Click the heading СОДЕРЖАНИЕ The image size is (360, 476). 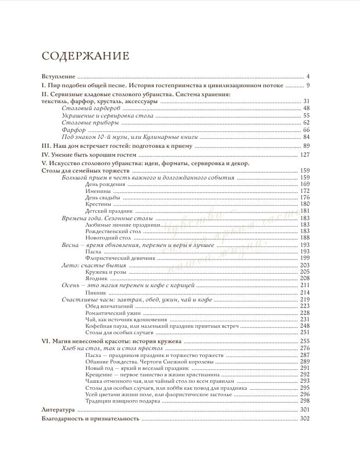click(x=85, y=56)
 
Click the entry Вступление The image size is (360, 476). click(x=58, y=77)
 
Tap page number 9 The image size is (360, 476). click(x=307, y=86)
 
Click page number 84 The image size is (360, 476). click(x=306, y=137)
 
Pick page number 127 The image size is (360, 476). click(x=304, y=155)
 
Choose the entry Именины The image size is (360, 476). click(x=97, y=191)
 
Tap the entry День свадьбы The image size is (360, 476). click(x=102, y=197)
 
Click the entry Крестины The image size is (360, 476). click(x=98, y=204)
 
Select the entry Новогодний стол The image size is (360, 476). click(x=105, y=238)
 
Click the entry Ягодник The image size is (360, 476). click(x=97, y=279)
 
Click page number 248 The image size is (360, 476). click(x=304, y=327)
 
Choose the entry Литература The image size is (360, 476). click(x=58, y=410)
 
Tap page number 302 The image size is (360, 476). click(x=304, y=419)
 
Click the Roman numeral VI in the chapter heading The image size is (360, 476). click(x=45, y=342)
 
